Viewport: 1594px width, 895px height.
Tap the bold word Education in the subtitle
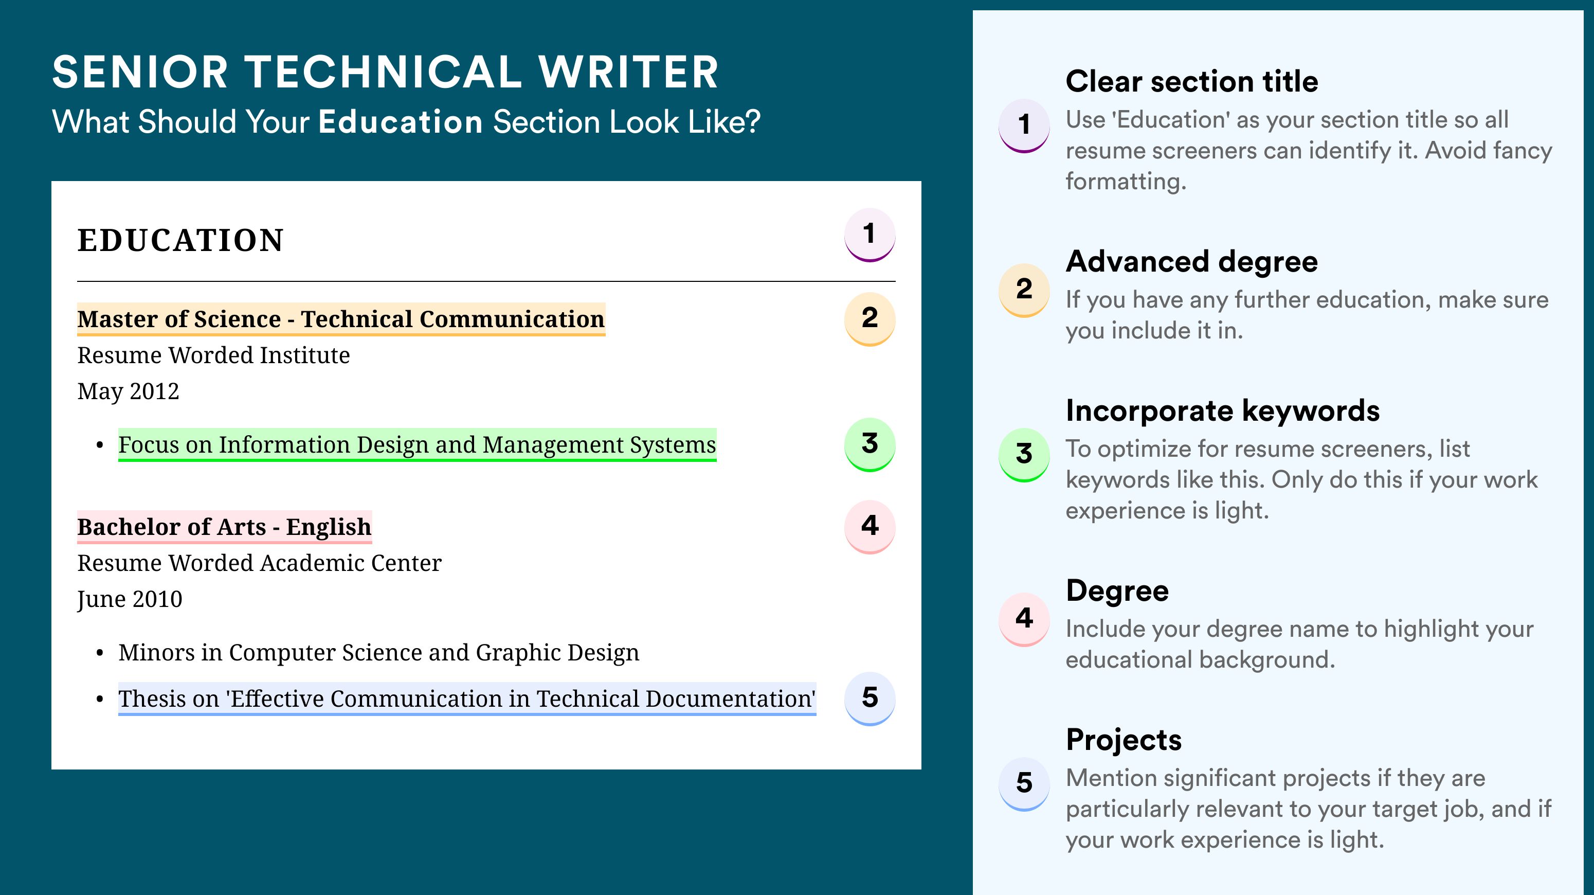(x=401, y=121)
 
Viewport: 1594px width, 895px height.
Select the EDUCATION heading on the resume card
(x=180, y=240)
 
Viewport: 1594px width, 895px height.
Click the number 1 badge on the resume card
(x=870, y=235)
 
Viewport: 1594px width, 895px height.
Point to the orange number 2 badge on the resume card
(x=870, y=319)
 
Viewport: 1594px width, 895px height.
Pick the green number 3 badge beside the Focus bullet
(x=870, y=444)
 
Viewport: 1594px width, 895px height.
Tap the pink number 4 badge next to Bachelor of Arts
(x=870, y=527)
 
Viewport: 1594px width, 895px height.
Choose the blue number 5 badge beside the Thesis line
(x=870, y=699)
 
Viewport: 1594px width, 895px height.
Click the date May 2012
(x=128, y=392)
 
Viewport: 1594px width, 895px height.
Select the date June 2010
(x=130, y=600)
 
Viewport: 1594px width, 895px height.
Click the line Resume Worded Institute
(x=213, y=355)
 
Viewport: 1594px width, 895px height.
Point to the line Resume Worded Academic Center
(x=259, y=563)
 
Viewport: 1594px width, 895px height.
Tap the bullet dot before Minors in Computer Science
(x=100, y=654)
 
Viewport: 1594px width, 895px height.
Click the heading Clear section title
(x=1192, y=81)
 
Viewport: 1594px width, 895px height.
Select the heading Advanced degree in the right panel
(x=1192, y=262)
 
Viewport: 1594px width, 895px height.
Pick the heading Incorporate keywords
(x=1223, y=410)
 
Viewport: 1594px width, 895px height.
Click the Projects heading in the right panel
(x=1124, y=740)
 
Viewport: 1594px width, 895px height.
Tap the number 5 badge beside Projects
(x=1024, y=783)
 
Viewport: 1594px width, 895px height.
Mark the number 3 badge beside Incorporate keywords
(x=1024, y=454)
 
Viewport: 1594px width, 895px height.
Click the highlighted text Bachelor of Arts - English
(x=225, y=527)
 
